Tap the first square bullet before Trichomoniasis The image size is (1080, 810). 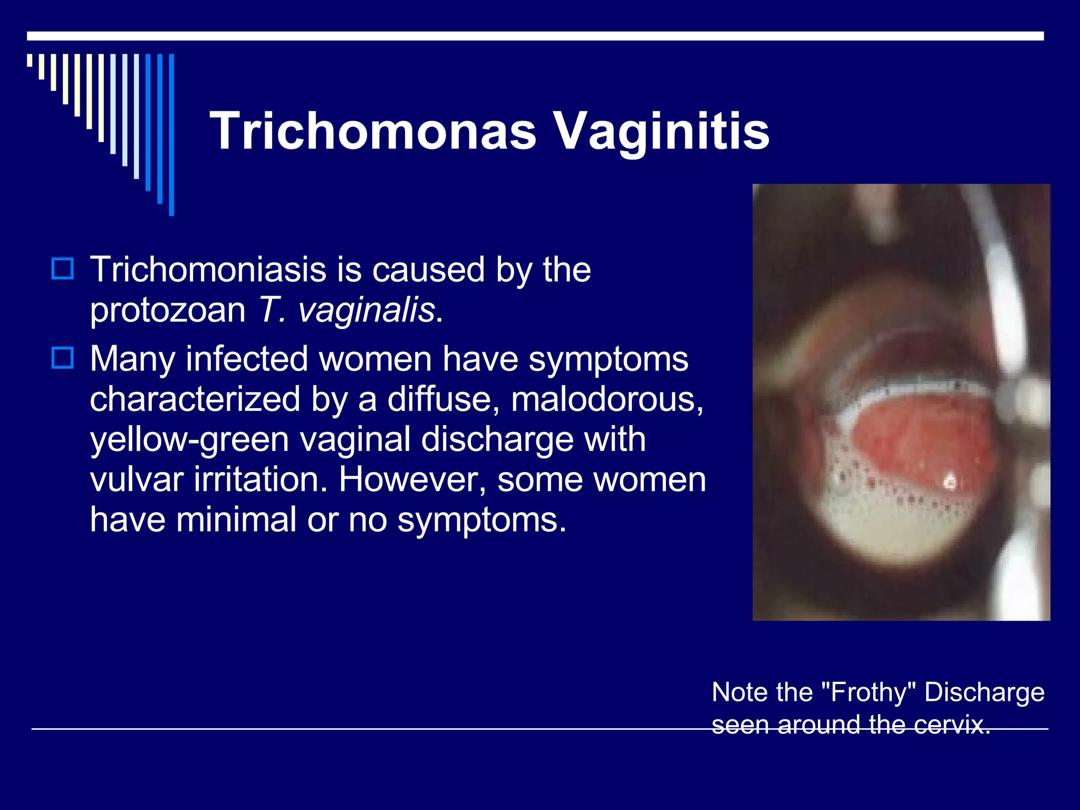click(63, 268)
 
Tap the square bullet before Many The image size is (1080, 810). click(63, 358)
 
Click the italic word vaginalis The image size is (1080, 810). click(366, 310)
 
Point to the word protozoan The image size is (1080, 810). click(168, 311)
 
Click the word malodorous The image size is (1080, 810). click(606, 399)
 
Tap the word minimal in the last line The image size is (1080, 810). click(236, 519)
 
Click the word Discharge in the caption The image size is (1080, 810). click(984, 692)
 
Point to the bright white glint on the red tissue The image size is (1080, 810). click(950, 480)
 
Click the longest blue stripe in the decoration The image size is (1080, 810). click(171, 134)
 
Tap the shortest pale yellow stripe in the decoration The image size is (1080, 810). click(30, 60)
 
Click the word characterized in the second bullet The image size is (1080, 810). click(195, 399)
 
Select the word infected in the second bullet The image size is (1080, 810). click(247, 359)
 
